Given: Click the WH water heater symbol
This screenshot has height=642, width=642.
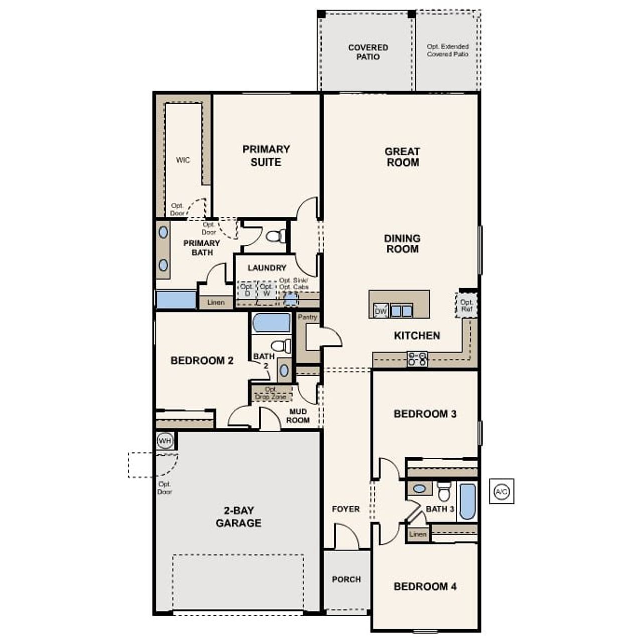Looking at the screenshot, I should click(165, 441).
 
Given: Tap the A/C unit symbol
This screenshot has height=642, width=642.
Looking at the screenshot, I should click(501, 491).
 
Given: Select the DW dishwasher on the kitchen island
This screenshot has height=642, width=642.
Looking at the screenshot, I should click(381, 311).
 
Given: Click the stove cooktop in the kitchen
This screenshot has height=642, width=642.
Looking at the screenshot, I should click(417, 359).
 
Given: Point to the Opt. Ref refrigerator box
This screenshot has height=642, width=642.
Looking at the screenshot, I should click(466, 306).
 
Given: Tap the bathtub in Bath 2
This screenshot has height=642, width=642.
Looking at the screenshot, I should click(271, 323).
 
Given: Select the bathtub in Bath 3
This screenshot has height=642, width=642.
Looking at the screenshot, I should click(467, 501).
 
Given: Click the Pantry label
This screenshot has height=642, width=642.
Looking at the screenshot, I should click(308, 317).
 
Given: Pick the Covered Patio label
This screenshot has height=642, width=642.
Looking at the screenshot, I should click(368, 52).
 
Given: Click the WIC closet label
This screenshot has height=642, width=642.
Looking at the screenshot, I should click(183, 160).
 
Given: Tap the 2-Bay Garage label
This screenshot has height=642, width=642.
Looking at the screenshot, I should click(238, 517).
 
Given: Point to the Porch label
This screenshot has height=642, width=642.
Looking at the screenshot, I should click(346, 579).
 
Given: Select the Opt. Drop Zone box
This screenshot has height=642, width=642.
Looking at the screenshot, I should click(271, 393).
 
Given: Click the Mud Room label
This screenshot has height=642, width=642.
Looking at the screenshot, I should click(298, 416).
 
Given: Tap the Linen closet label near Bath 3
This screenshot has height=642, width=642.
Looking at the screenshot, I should click(417, 534).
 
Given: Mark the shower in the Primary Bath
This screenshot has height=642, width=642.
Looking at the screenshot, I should click(176, 300).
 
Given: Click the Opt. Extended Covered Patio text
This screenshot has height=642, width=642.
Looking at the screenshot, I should click(448, 50).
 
